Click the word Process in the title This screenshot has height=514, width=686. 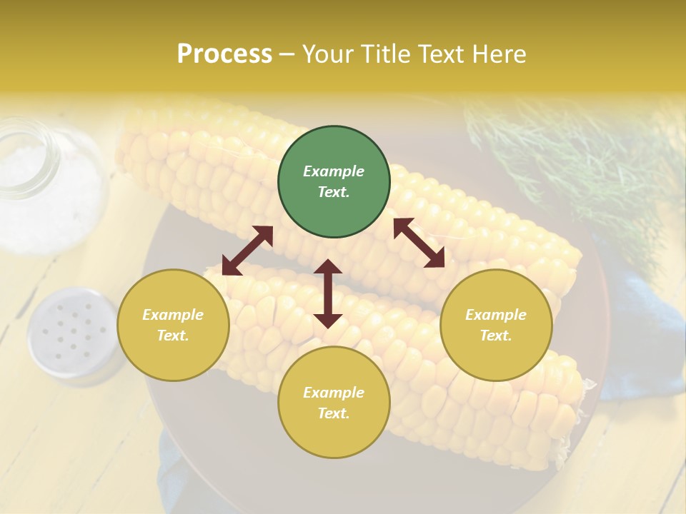(x=224, y=54)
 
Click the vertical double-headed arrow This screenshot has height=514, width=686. (x=328, y=293)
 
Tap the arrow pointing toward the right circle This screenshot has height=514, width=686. (x=419, y=243)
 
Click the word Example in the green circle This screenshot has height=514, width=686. (x=334, y=171)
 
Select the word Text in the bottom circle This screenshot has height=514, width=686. (x=334, y=413)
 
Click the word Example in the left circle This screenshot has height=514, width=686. (x=173, y=315)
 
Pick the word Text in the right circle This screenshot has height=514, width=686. (x=496, y=336)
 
